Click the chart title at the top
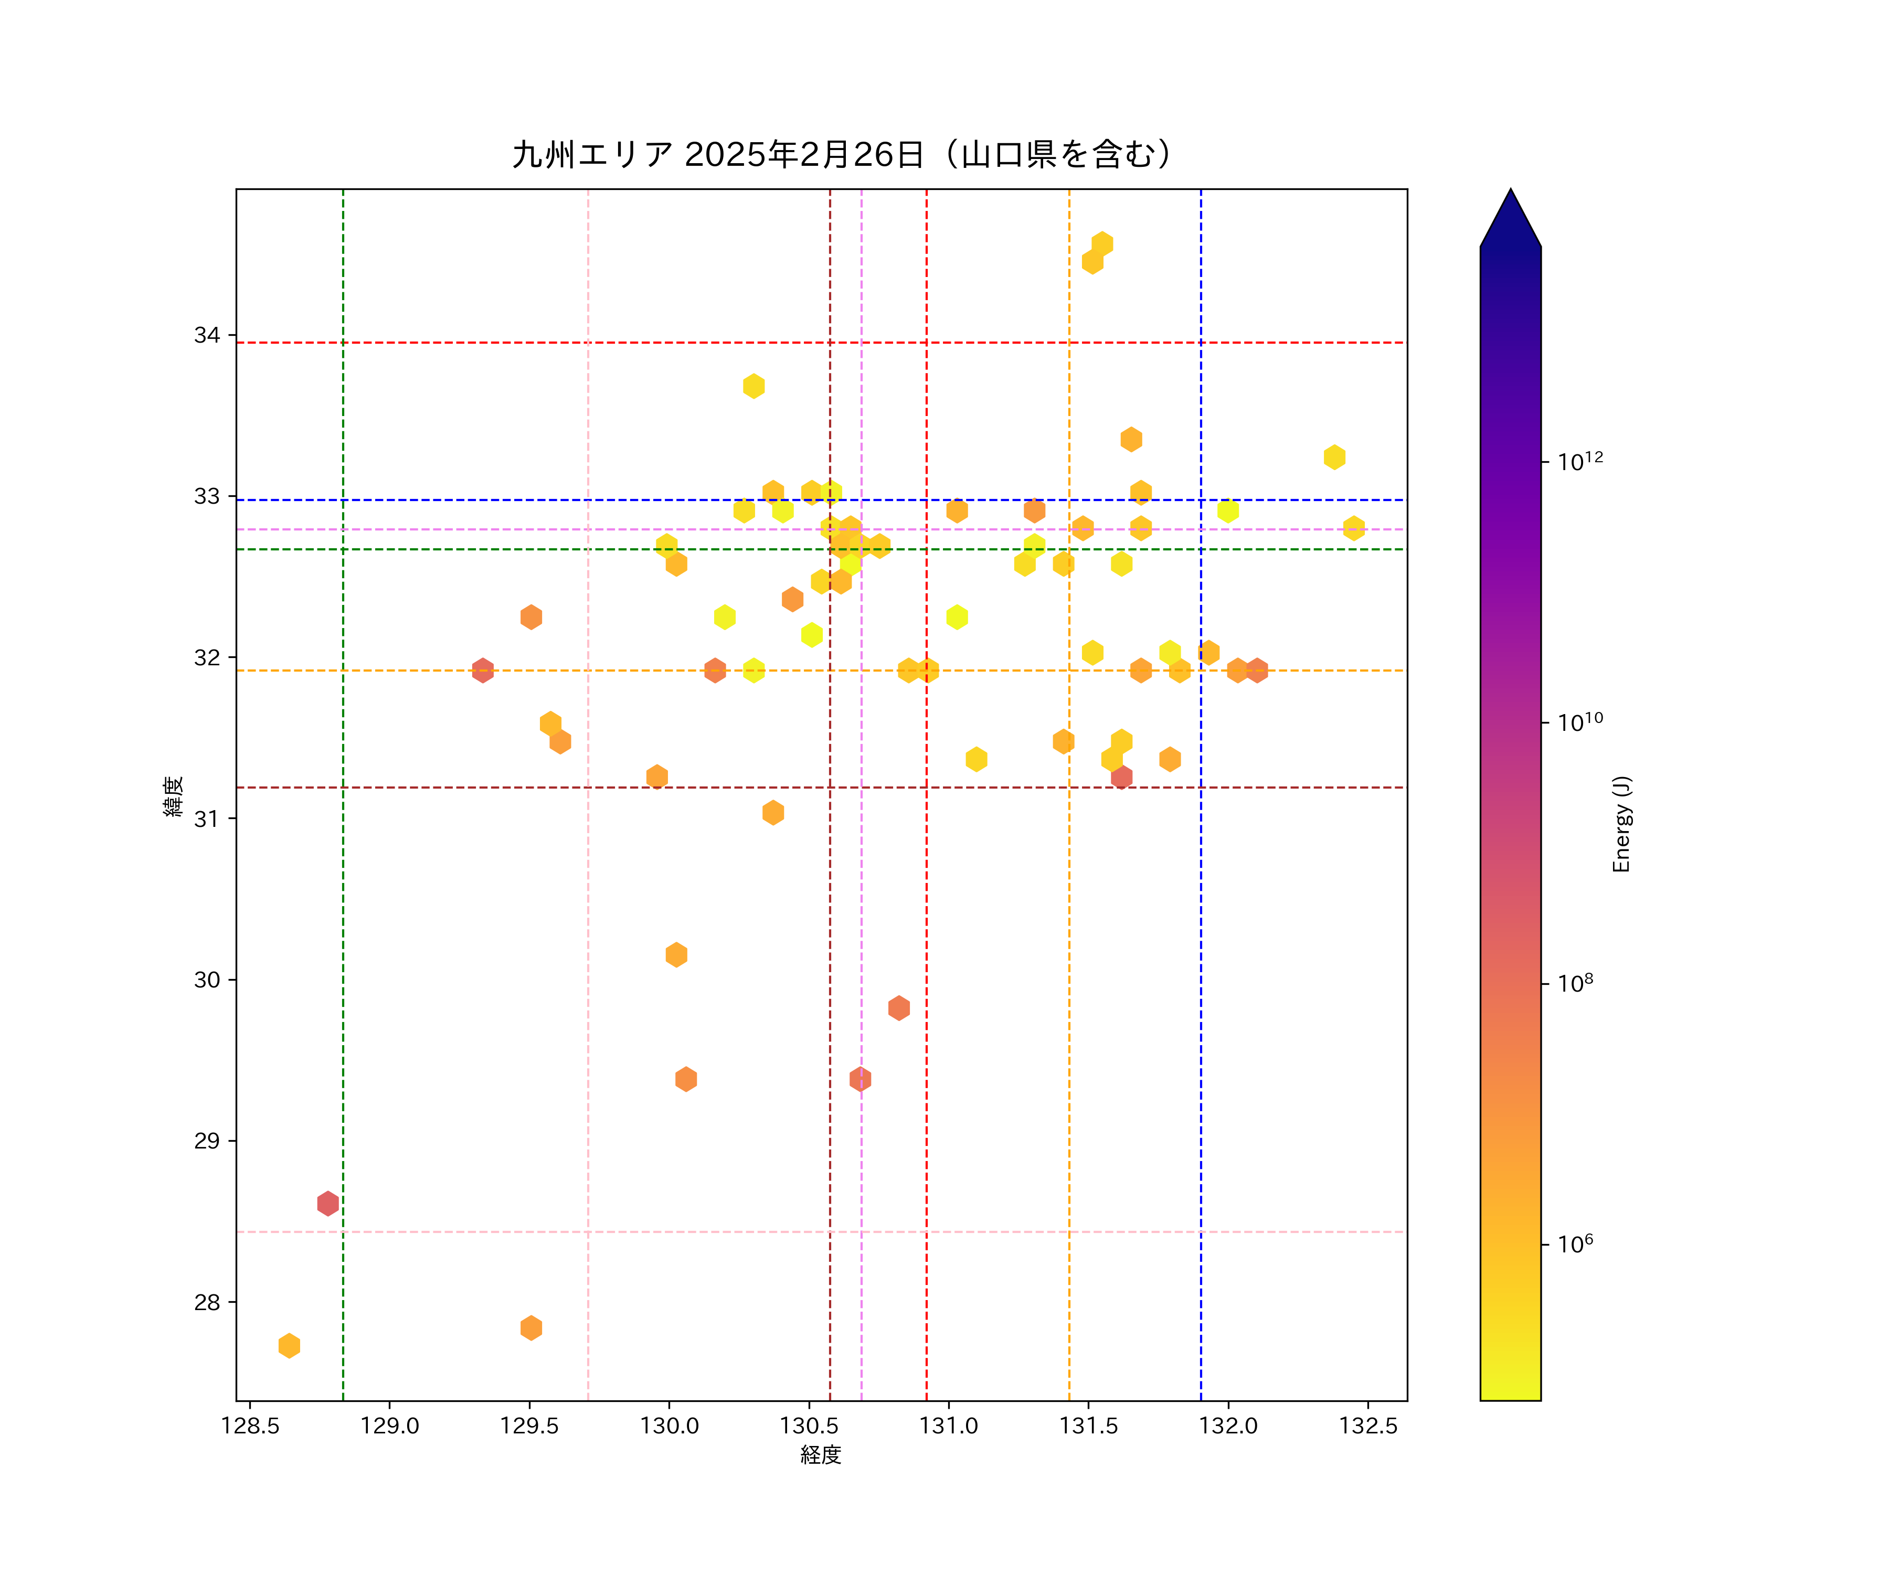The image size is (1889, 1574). click(x=843, y=155)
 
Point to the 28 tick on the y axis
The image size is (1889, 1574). click(x=207, y=1302)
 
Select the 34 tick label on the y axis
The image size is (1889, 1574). click(x=207, y=335)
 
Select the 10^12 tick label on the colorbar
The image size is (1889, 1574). click(x=1580, y=461)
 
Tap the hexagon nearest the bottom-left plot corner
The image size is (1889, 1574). click(x=289, y=1346)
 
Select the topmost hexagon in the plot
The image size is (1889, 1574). click(x=1102, y=244)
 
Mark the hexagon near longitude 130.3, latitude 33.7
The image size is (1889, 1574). click(x=754, y=386)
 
